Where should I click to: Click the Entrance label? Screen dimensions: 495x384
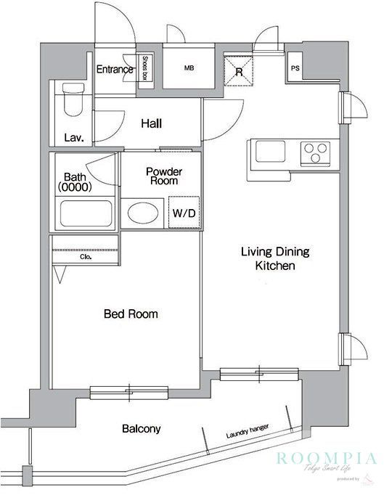[115, 70]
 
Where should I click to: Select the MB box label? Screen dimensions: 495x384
[189, 69]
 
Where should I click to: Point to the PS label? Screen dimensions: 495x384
[295, 69]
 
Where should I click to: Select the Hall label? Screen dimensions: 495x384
[151, 123]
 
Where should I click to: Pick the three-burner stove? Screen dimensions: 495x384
[315, 153]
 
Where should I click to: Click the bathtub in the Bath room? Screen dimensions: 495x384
[85, 214]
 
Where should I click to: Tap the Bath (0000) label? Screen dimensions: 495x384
[75, 181]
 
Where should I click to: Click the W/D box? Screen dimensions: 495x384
[182, 213]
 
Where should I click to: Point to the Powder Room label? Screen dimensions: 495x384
[164, 176]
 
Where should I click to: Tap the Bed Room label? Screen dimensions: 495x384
[131, 314]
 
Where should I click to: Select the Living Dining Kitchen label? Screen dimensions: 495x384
[275, 259]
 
